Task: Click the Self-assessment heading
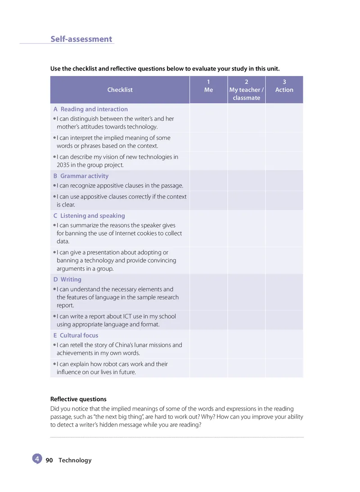81,39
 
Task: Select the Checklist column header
120,90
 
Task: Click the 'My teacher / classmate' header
246,90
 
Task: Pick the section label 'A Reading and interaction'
90,109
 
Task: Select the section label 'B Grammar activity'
81,176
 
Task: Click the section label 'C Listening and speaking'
89,216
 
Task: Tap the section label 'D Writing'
67,280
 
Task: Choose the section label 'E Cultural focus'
76,335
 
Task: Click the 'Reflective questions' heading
78,399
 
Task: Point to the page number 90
49,461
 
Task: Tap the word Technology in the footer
75,461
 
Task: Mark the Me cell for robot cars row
208,368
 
